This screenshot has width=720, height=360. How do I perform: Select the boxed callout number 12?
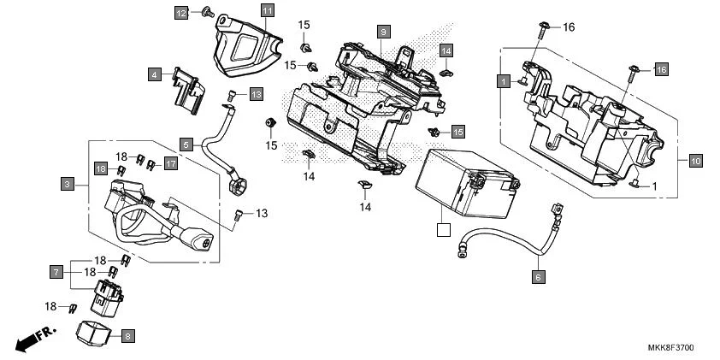[181, 13]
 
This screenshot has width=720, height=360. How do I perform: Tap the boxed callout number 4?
[154, 74]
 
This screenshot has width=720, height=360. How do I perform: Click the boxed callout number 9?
[384, 32]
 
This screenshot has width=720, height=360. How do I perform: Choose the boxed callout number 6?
[538, 276]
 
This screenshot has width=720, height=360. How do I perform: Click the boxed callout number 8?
[127, 337]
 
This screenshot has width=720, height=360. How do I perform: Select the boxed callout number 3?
[66, 183]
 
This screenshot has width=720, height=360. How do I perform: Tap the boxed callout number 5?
[186, 144]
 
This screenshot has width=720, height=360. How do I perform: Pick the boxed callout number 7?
[56, 272]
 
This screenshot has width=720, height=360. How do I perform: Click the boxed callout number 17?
[170, 163]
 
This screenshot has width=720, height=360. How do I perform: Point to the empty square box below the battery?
[442, 229]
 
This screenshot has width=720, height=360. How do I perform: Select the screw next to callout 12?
[206, 12]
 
